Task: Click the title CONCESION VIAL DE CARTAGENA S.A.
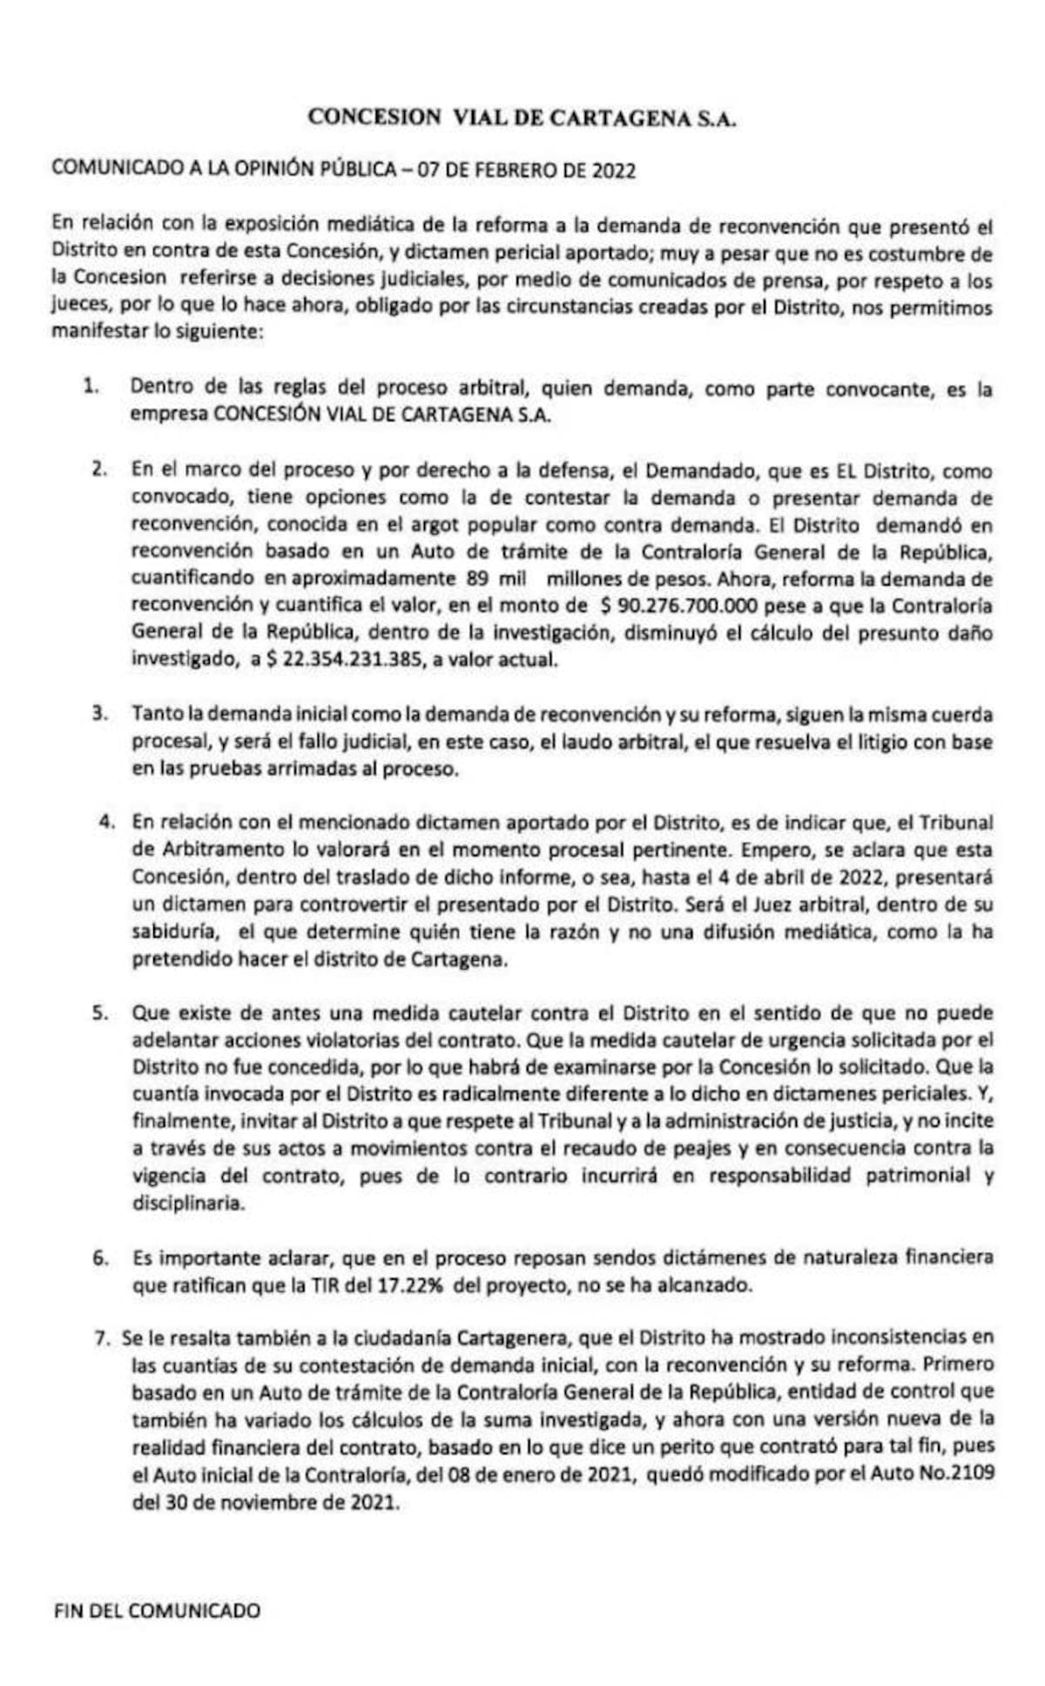pyautogui.click(x=522, y=118)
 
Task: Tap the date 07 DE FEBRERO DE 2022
pyautogui.click(x=527, y=170)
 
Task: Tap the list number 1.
pyautogui.click(x=91, y=389)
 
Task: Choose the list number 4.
pyautogui.click(x=107, y=821)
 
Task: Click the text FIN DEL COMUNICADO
pyautogui.click(x=157, y=1586)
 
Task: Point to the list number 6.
pyautogui.click(x=101, y=1257)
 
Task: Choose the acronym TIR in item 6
pyautogui.click(x=327, y=1284)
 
